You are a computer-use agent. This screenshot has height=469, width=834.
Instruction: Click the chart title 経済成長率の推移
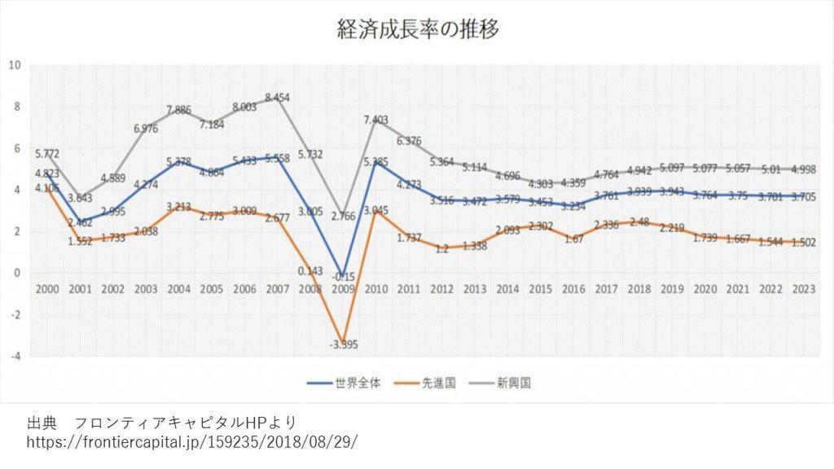pyautogui.click(x=418, y=30)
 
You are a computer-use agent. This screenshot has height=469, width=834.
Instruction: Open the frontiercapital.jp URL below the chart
pyautogui.click(x=192, y=441)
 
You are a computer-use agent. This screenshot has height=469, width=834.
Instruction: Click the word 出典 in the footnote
pyautogui.click(x=42, y=423)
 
